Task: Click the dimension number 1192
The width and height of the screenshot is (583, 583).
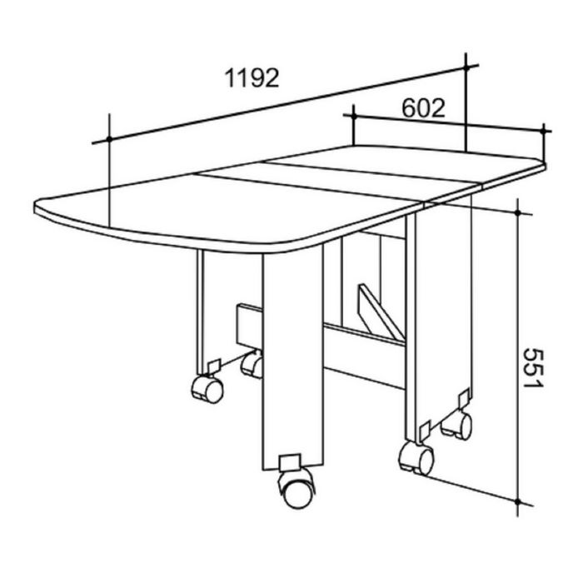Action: pyautogui.click(x=251, y=79)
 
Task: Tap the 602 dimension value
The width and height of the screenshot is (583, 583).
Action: pyautogui.click(x=423, y=108)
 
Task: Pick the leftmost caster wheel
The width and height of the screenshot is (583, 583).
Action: pyautogui.click(x=207, y=388)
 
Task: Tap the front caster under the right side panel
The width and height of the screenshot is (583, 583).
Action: pyautogui.click(x=416, y=457)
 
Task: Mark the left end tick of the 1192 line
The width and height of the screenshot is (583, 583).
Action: pyautogui.click(x=109, y=137)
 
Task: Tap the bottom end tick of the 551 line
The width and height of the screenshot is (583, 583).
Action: pyautogui.click(x=519, y=502)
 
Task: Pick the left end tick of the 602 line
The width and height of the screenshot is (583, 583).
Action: pyautogui.click(x=354, y=115)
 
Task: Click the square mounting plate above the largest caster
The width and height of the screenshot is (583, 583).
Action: pyautogui.click(x=290, y=461)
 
